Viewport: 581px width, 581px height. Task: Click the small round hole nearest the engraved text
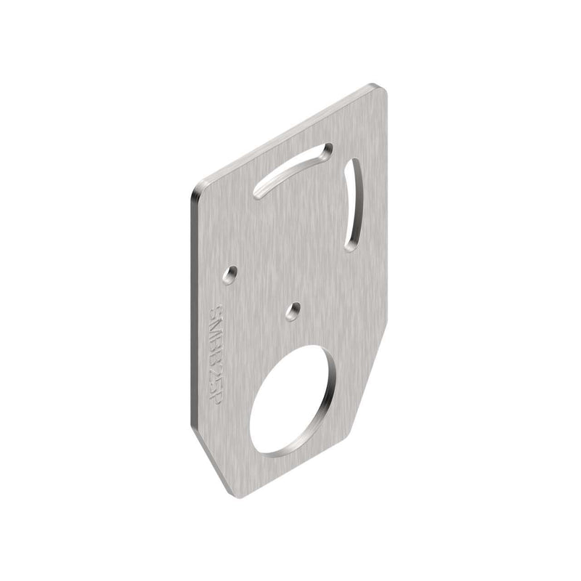(x=230, y=274)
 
